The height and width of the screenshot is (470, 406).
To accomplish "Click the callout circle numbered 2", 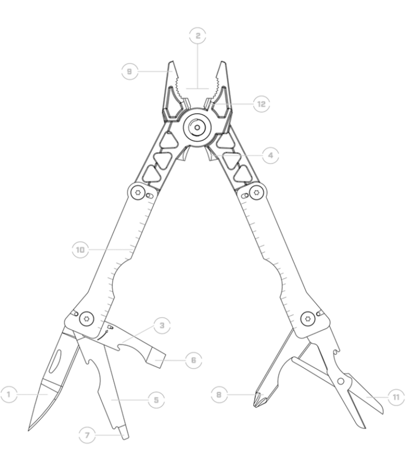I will pyautogui.click(x=198, y=35).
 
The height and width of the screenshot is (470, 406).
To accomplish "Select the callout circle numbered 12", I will pyautogui.click(x=261, y=104).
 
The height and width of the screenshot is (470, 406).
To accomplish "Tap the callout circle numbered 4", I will pyautogui.click(x=270, y=155).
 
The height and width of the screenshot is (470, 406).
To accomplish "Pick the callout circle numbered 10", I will pyautogui.click(x=80, y=249).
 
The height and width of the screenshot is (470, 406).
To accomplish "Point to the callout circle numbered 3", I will pyautogui.click(x=162, y=325).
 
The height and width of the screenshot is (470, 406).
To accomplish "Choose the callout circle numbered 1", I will pyautogui.click(x=8, y=394).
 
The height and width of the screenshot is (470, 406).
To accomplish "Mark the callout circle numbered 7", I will pyautogui.click(x=87, y=435).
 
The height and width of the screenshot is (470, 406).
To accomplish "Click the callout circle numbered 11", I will pyautogui.click(x=396, y=397).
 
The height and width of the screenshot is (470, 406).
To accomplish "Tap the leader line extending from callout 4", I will pyautogui.click(x=238, y=156).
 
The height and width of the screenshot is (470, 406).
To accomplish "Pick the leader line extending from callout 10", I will pyautogui.click(x=111, y=249).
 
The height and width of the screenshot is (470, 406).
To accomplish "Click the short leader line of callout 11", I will pyautogui.click(x=376, y=397).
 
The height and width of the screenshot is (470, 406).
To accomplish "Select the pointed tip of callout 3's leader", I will pyautogui.click(x=123, y=342).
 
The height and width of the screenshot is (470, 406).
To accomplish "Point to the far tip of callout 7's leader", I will pyautogui.click(x=123, y=435).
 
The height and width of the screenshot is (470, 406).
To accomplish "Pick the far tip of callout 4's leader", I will pyautogui.click(x=211, y=156).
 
